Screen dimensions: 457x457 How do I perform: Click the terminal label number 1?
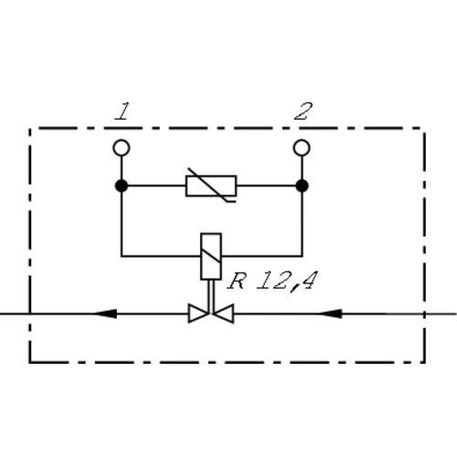click(122, 112)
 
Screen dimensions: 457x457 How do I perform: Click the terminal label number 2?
click(303, 112)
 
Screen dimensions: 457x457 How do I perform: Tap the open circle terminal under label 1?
click(122, 148)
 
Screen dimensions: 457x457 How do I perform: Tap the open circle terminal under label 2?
click(302, 148)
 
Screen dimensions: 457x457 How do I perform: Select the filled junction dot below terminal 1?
click(122, 186)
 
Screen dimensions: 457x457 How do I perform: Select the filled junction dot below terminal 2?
click(302, 186)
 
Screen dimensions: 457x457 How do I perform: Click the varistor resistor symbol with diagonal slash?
click(211, 186)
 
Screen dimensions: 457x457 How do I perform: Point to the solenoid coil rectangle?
click(211, 257)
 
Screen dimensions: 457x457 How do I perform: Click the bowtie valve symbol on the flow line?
click(211, 314)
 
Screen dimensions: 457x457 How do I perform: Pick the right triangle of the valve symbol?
click(224, 314)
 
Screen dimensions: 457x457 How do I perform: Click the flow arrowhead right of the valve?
click(330, 314)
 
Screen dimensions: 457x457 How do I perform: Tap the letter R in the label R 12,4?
click(237, 281)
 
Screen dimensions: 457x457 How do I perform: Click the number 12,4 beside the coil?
click(287, 282)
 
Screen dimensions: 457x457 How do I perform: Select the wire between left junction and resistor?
click(156, 186)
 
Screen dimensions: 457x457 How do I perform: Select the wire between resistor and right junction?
click(266, 186)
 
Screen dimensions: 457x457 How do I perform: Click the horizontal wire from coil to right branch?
click(262, 256)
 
